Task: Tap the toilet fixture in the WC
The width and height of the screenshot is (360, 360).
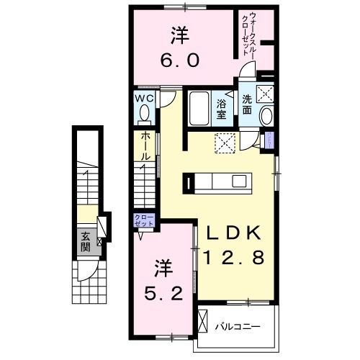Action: pos(143,114)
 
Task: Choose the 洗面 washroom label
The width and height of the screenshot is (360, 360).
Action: pos(248,104)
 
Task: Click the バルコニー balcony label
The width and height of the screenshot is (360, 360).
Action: pos(237,327)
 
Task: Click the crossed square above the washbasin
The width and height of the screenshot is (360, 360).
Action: pos(266,93)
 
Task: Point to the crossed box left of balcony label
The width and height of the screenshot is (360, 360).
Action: pos(204,320)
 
